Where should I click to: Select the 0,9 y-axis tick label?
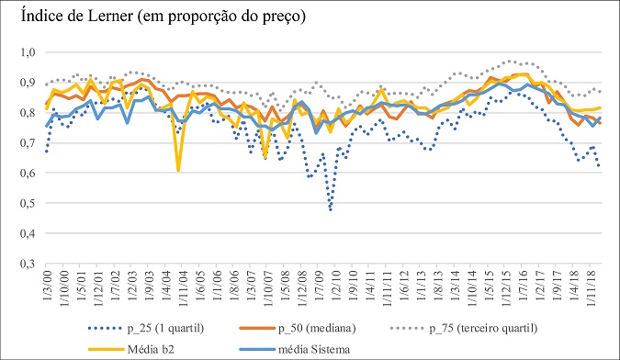click(26, 83)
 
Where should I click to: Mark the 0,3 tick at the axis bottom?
click(26, 264)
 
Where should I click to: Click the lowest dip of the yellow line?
click(178, 170)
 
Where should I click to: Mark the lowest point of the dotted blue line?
click(330, 210)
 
